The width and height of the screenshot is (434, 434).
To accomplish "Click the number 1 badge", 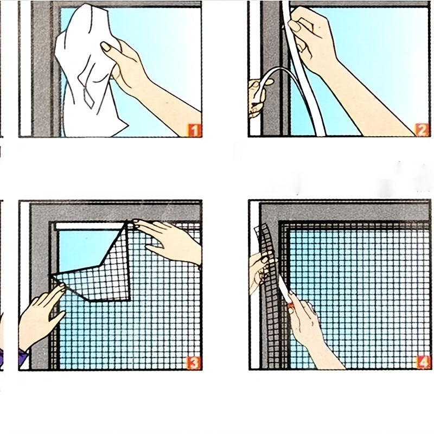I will tap(195, 130).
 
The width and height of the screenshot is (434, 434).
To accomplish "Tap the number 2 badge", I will tap(422, 130).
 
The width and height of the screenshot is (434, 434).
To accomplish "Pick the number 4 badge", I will tap(423, 362).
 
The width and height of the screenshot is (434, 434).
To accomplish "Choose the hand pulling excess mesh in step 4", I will tap(259, 271).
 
